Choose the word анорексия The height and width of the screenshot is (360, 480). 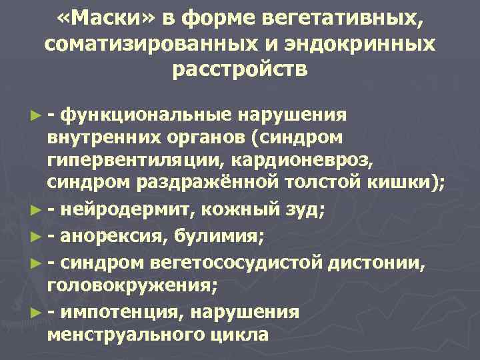click(117, 235)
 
